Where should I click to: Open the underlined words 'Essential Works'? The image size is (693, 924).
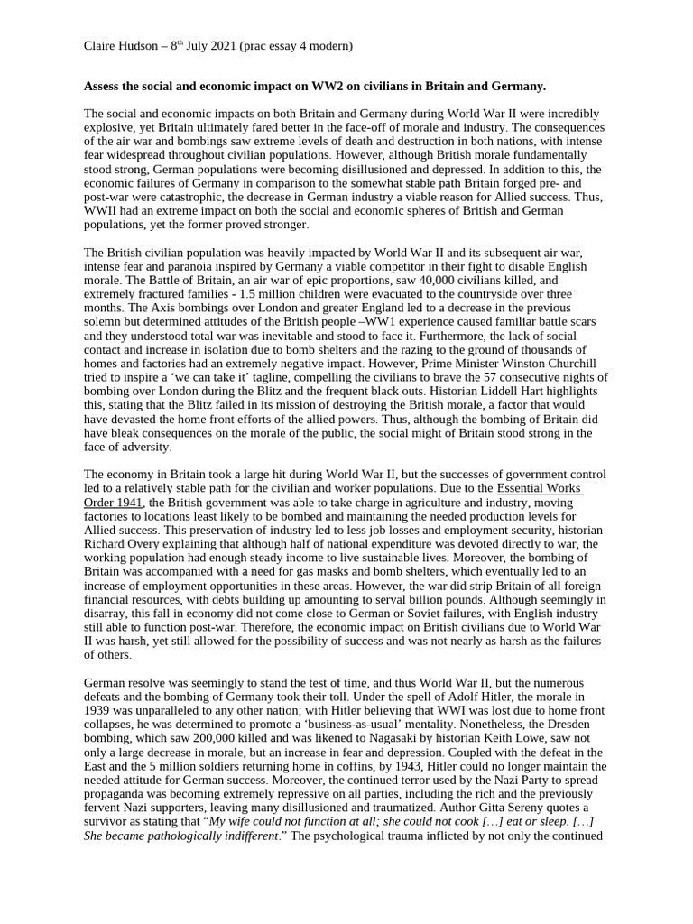pyautogui.click(x=540, y=488)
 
